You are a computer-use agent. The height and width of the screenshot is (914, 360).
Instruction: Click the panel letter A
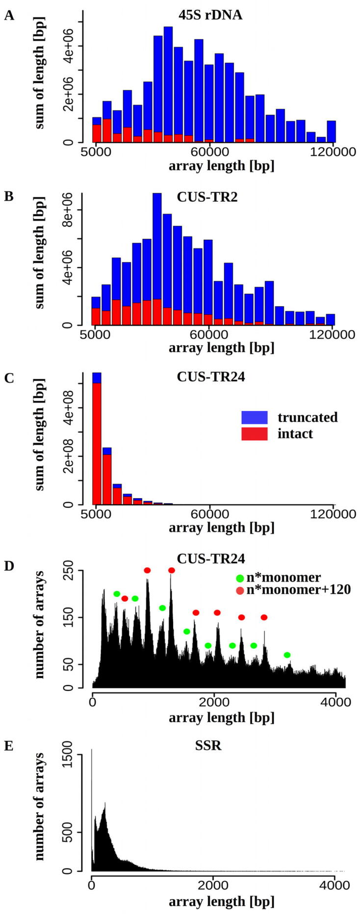coord(9,16)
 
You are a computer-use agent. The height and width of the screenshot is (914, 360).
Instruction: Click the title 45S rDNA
coord(210,15)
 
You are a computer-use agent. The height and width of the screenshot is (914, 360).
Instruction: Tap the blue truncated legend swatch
coord(254,417)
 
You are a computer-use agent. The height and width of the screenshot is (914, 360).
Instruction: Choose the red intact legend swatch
coord(254,433)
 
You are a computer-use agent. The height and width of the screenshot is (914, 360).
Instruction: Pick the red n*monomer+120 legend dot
coord(240,590)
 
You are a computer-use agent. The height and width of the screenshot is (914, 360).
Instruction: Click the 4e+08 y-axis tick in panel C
coord(69,408)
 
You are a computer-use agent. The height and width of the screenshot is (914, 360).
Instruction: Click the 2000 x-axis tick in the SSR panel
coord(212,885)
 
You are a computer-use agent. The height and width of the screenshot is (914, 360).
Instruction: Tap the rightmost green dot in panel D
coord(287,655)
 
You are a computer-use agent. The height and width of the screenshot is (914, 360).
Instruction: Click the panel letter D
coord(9,565)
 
